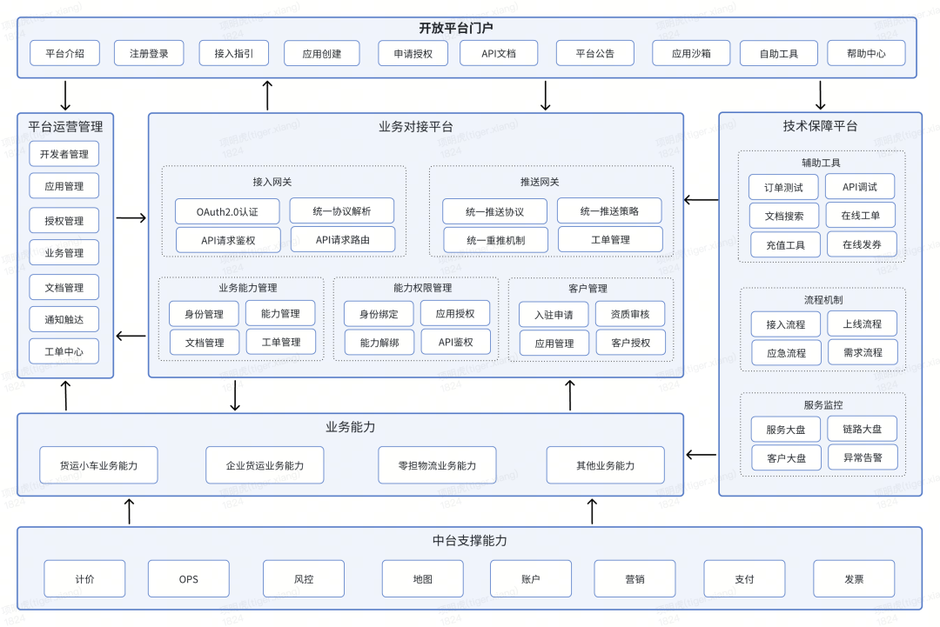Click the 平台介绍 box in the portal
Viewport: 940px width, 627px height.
(64, 53)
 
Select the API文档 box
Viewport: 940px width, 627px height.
(499, 53)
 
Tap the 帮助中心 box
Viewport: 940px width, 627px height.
(866, 53)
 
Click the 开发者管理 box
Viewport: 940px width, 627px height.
(64, 154)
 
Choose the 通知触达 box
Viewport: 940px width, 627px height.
(64, 319)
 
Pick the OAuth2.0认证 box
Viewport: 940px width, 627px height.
(227, 211)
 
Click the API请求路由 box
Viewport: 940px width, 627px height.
(343, 239)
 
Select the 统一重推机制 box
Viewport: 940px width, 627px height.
(496, 240)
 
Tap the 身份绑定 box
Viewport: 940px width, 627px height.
(379, 314)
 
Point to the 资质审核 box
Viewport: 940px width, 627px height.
(630, 314)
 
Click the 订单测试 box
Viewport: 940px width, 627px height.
(783, 188)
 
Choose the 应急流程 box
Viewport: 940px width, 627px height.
(787, 353)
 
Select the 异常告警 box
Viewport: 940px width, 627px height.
(863, 457)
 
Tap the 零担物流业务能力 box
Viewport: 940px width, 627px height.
(437, 465)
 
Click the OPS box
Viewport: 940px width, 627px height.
(188, 579)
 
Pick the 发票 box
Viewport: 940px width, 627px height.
(855, 579)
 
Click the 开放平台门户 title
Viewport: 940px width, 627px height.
(455, 28)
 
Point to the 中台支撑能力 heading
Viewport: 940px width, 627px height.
(470, 541)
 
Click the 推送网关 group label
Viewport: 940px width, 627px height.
(540, 182)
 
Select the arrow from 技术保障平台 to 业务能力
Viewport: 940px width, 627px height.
(701, 455)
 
